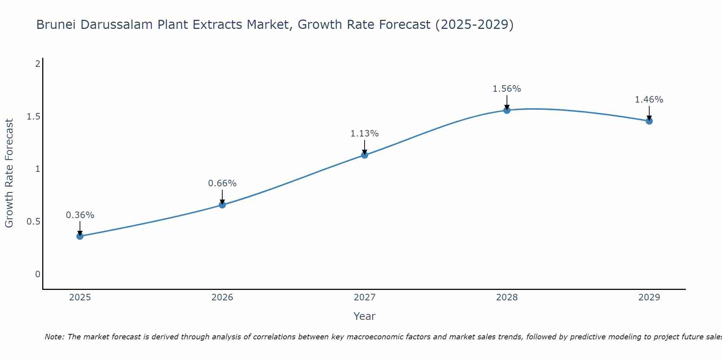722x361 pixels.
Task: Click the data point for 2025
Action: coord(80,236)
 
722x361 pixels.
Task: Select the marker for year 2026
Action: coord(222,205)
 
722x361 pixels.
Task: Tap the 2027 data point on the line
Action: coord(365,155)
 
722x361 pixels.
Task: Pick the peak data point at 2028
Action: coord(507,110)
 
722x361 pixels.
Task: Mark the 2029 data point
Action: coord(649,121)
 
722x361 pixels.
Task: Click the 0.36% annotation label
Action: coord(80,215)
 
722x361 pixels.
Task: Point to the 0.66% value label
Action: coord(222,183)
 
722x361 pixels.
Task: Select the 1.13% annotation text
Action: coord(365,134)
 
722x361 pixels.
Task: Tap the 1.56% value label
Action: coord(507,89)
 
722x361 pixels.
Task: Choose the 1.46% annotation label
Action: coord(649,100)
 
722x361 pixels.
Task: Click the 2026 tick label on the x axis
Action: coord(222,297)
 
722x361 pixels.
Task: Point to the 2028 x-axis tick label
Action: coord(507,297)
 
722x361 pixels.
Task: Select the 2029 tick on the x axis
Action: coord(649,297)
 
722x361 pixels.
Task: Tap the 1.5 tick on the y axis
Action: coord(33,116)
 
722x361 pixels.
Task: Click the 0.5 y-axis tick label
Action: coord(33,222)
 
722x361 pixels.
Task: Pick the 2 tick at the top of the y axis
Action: coord(38,64)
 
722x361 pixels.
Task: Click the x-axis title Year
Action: coord(365,316)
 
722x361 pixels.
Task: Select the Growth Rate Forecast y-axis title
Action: coord(9,173)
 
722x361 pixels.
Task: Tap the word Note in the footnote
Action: coord(54,337)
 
